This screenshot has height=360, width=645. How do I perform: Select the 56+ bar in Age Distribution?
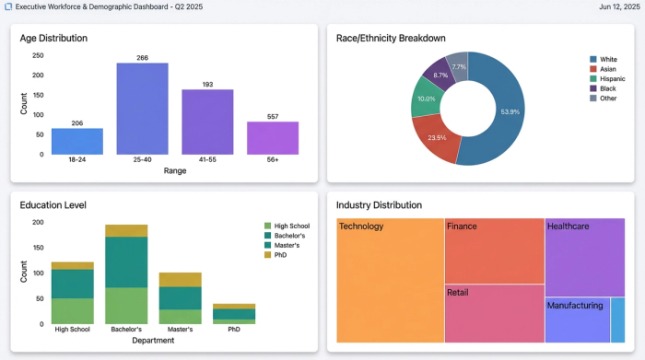click(272, 138)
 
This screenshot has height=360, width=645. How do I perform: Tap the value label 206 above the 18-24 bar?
click(76, 123)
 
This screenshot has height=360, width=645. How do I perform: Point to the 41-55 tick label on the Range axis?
click(207, 159)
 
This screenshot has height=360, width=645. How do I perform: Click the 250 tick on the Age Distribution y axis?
click(38, 55)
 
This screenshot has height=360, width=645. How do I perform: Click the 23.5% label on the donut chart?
click(436, 138)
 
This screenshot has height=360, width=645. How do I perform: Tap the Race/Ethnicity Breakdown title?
click(391, 39)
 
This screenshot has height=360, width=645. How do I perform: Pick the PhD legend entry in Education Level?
click(280, 256)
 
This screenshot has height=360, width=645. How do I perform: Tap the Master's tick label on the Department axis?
click(180, 329)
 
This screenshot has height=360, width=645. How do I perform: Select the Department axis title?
click(153, 340)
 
